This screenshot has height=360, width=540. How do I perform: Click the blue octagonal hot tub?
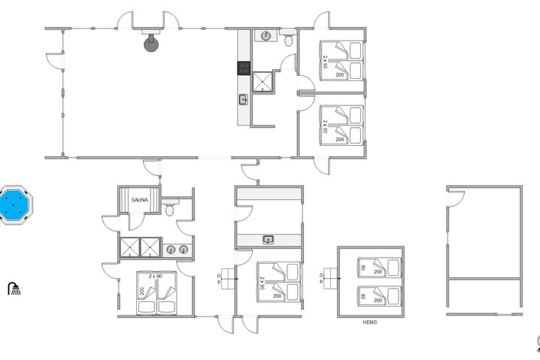click(15, 205)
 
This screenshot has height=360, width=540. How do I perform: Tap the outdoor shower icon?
click(14, 288)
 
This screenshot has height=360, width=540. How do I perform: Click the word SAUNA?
click(140, 200)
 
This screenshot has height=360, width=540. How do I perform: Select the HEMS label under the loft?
click(369, 322)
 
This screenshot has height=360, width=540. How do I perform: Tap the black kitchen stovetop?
click(244, 68)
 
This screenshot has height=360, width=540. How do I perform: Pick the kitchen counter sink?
click(244, 99)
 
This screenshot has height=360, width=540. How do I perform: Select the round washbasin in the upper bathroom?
click(266, 35)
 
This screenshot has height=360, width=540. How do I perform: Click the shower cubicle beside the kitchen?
click(263, 81)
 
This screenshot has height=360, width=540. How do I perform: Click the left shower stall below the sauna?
click(130, 247)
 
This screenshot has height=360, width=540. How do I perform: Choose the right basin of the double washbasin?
click(182, 250)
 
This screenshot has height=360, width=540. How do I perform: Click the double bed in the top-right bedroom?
click(343, 60)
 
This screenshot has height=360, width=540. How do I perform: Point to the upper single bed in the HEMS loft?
click(378, 268)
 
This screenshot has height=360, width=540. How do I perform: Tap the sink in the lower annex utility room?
click(268, 240)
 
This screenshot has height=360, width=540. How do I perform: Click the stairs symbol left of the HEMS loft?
click(328, 275)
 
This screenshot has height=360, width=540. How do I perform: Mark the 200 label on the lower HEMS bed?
click(378, 300)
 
